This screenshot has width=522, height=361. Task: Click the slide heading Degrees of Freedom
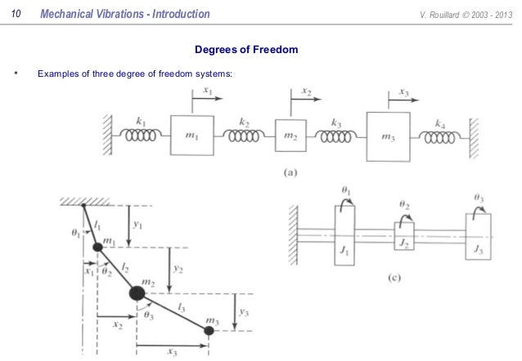coord(245,51)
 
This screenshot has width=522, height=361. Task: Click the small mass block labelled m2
coord(290,135)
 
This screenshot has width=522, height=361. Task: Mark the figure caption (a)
coord(291,172)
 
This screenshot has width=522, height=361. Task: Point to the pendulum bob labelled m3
coord(209,330)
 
